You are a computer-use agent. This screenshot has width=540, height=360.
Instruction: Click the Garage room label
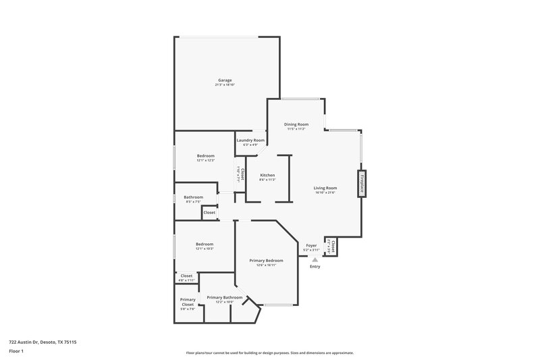click(225, 80)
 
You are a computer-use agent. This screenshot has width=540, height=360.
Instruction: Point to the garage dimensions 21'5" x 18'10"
click(225, 85)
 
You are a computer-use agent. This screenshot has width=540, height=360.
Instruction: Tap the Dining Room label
click(296, 124)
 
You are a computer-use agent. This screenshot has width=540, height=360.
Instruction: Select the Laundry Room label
click(250, 140)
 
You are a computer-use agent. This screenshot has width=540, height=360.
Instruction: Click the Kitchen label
click(267, 175)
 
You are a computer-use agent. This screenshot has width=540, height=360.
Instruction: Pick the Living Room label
click(325, 188)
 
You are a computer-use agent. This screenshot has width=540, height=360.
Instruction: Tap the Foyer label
click(311, 246)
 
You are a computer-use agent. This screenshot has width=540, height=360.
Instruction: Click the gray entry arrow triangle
click(315, 259)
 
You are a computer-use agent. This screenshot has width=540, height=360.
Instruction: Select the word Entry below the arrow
click(315, 267)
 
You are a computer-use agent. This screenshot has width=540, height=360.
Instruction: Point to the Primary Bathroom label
click(224, 297)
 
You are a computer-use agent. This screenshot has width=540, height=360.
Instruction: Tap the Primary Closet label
click(188, 302)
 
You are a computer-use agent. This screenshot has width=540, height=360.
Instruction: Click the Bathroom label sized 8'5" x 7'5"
click(193, 197)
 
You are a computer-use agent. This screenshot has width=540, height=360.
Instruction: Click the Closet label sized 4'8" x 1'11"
click(186, 276)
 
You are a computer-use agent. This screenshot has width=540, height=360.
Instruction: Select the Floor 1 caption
click(17, 351)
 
